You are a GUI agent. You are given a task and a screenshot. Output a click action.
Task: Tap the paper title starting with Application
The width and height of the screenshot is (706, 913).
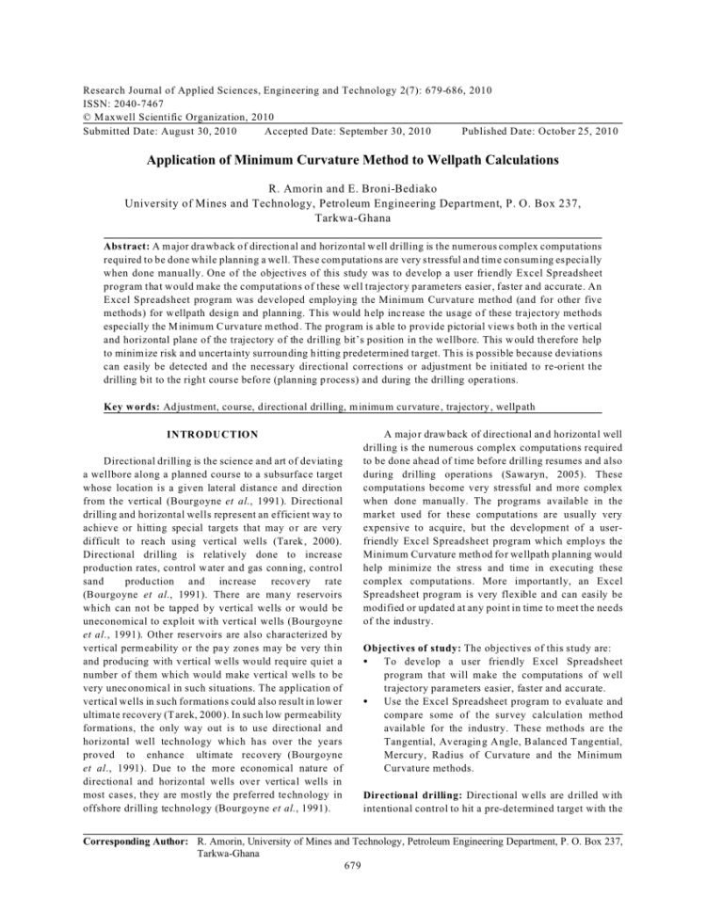click(x=353, y=161)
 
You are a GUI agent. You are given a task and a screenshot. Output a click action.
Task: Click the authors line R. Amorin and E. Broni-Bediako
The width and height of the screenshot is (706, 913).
click(x=353, y=187)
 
